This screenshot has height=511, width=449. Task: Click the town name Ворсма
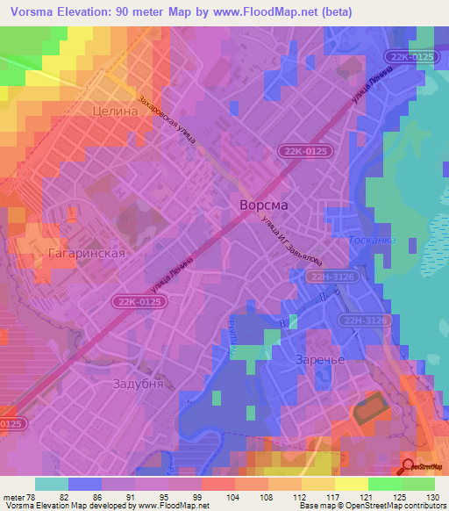coord(263,204)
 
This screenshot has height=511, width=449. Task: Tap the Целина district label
coord(114,112)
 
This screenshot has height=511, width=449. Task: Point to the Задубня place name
coord(139,384)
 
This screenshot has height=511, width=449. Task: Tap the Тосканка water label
coord(372,240)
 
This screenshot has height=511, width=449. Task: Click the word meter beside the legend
coord(11,497)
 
